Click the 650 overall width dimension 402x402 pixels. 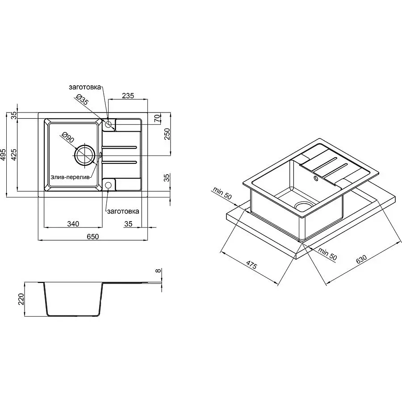click(92, 236)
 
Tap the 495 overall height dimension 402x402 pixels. click(3, 155)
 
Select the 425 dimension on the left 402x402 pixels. click(14, 155)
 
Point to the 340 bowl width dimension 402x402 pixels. click(73, 224)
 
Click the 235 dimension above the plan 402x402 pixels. click(128, 96)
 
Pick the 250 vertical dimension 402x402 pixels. click(167, 134)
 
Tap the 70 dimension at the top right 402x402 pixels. click(157, 118)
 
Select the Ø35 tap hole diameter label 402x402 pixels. click(82, 99)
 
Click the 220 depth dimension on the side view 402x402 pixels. click(21, 299)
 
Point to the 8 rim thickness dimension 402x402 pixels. click(159, 271)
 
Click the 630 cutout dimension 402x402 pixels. click(361, 259)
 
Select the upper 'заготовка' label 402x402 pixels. click(85, 87)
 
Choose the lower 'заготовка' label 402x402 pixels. click(123, 211)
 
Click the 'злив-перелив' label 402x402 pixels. click(71, 177)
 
